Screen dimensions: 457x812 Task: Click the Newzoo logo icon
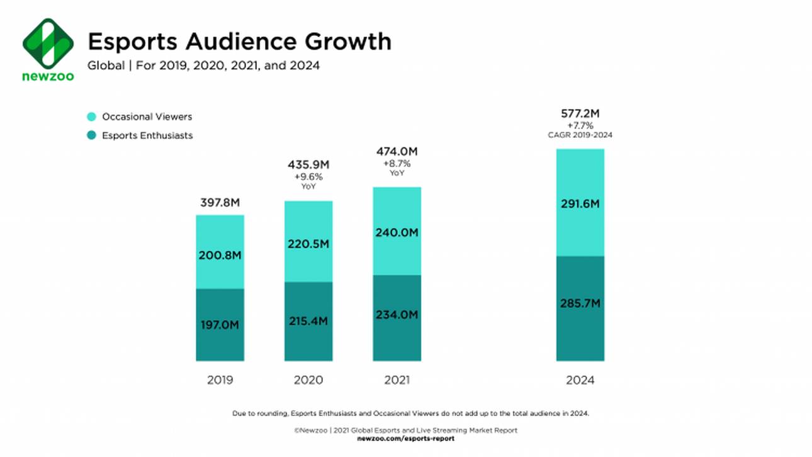click(48, 43)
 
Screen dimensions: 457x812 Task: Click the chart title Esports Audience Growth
click(239, 42)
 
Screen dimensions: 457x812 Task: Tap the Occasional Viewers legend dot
click(92, 116)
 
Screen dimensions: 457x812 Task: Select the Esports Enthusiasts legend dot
click(92, 135)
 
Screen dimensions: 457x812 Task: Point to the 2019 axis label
click(220, 380)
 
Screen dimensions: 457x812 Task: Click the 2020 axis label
click(308, 380)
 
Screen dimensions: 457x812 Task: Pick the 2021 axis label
click(397, 380)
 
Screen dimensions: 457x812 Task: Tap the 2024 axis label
click(580, 380)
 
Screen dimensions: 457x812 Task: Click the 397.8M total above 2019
click(220, 203)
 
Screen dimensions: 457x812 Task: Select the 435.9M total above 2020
click(308, 164)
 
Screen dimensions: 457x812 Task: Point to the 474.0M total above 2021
click(397, 152)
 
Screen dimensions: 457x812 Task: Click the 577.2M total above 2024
click(580, 113)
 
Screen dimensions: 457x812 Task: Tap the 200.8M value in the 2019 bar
click(220, 256)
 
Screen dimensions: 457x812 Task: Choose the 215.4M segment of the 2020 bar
click(308, 321)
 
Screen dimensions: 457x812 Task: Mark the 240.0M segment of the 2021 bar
click(397, 232)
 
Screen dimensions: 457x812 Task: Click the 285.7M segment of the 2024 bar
click(580, 303)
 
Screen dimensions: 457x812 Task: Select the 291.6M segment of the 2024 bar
click(580, 204)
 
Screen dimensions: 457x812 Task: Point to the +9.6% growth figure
click(308, 177)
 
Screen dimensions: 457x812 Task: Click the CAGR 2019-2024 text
click(580, 135)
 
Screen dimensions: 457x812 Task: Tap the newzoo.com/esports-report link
click(405, 438)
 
